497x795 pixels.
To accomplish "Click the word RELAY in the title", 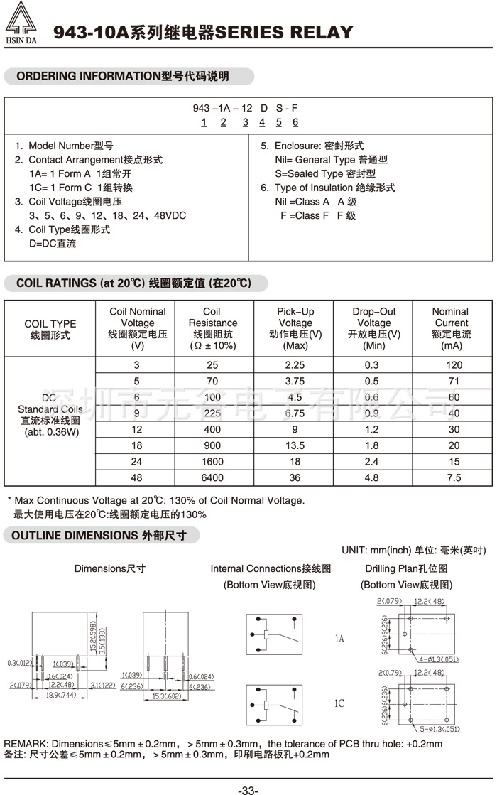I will tap(324, 32).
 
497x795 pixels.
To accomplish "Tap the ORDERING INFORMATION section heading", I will tap(128, 76).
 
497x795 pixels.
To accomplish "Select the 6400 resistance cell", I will tap(212, 477).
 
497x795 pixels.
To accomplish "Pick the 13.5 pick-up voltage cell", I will tap(295, 445).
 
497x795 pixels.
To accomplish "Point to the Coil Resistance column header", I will tap(212, 328).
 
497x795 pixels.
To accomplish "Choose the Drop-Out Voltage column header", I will tap(373, 328).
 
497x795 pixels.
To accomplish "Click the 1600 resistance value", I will tap(212, 461).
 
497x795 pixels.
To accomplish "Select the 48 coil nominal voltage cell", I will tap(137, 477).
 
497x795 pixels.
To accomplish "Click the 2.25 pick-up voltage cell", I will tap(295, 365).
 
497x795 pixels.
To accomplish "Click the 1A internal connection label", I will tap(339, 639).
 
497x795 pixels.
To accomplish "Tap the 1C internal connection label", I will tap(339, 703).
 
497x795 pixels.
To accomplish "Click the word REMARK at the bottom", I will tap(26, 744).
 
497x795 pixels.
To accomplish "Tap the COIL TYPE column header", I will tap(50, 328).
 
